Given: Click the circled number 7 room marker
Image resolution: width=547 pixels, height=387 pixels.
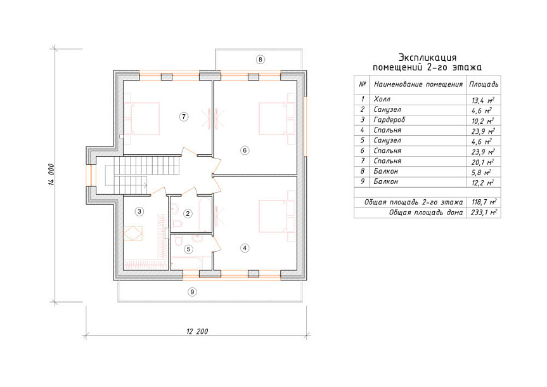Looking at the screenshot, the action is point(184,117).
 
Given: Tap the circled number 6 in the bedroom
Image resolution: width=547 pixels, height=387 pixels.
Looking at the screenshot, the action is point(245,150).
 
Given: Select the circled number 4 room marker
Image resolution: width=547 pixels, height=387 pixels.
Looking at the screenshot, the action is point(245,248).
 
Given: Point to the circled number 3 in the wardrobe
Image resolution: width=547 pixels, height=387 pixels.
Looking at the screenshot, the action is point(139,211).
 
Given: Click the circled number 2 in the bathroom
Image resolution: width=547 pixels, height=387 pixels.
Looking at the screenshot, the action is point(188,213).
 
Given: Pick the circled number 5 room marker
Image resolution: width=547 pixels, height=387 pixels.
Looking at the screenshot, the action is point(188,249).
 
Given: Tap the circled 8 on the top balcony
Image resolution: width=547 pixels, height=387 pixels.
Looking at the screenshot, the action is point(261,60).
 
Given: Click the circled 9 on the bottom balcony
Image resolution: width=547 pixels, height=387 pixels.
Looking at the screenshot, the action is point(192,292).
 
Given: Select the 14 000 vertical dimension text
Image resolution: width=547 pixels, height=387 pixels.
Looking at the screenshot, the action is point(51,174).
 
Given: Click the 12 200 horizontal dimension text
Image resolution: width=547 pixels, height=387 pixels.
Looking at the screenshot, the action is point(197,331).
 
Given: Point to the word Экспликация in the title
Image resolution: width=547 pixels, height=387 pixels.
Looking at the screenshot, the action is point(427,58).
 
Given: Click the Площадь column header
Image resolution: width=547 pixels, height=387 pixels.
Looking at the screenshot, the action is point(484,84).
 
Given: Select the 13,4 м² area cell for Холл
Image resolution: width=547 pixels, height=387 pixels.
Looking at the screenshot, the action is point(483,100).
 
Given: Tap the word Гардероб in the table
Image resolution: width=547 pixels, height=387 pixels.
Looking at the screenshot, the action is point(389,120).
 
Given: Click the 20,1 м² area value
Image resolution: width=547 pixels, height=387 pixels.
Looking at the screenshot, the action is point(483,162).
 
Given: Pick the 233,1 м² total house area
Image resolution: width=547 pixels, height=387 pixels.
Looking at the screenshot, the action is point(484,213).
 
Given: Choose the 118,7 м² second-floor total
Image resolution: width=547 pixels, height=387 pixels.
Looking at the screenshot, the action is point(484,202).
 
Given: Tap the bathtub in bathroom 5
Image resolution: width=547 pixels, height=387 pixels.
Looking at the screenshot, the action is point(186,263).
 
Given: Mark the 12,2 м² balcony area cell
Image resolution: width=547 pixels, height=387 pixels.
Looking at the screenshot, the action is point(483,183).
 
